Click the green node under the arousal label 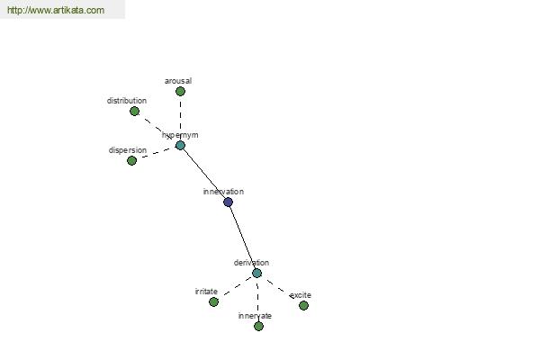(180, 91)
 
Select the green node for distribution (135, 112)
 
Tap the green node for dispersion (132, 160)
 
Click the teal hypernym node (181, 146)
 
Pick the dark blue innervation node (228, 202)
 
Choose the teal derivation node (256, 274)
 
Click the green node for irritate (213, 302)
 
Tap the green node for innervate (258, 326)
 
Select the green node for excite (303, 306)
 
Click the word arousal (178, 81)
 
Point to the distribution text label (127, 101)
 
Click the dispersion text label (128, 150)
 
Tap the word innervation (223, 192)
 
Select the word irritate (206, 292)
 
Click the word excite (301, 295)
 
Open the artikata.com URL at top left (56, 10)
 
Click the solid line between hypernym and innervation (204, 174)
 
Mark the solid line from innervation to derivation (242, 238)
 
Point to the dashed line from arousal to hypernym (181, 118)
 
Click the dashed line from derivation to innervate (257, 300)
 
